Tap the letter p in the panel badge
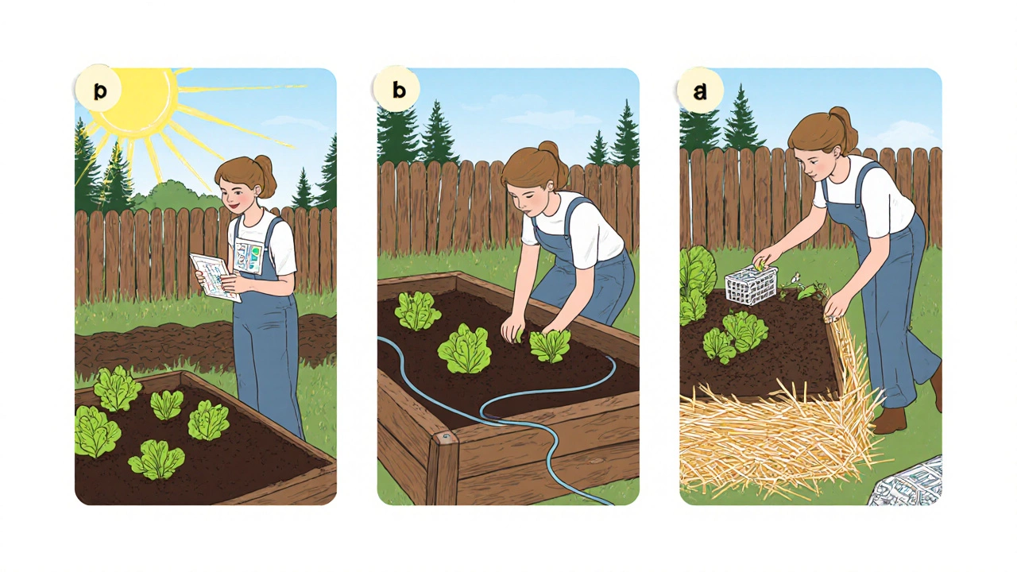click(x=100, y=91)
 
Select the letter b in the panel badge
click(x=399, y=90)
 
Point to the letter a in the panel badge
click(x=700, y=91)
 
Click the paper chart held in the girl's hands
click(x=215, y=277)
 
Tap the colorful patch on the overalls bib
click(x=249, y=257)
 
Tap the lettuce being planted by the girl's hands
click(x=550, y=345)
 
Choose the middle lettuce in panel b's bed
click(x=464, y=350)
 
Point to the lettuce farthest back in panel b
click(x=417, y=311)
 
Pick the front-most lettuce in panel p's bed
click(x=157, y=459)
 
